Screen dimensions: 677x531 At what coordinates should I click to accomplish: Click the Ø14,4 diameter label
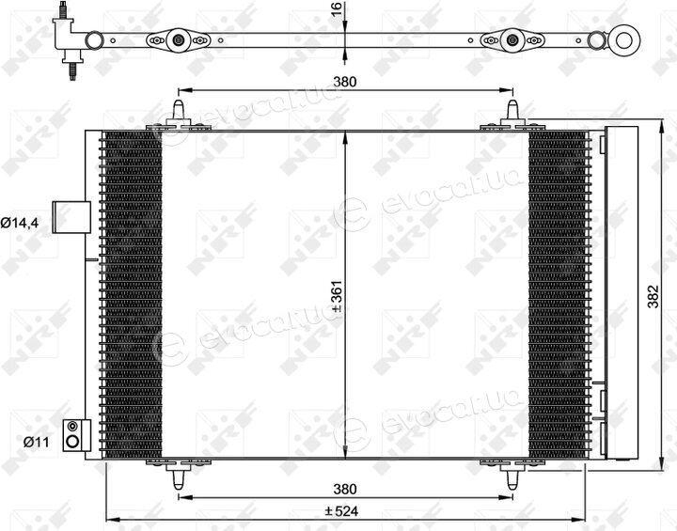point(20,223)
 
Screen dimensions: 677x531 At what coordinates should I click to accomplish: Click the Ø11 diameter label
point(37,442)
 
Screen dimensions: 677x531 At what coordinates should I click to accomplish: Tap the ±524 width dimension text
point(341,511)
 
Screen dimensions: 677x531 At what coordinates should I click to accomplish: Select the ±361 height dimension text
point(338,296)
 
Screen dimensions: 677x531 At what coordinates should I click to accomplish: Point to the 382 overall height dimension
point(653,296)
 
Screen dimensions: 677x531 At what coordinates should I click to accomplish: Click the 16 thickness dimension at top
point(338,8)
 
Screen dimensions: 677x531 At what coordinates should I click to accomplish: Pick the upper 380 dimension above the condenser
point(345,81)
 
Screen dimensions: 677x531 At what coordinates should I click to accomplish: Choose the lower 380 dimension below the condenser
point(345,489)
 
